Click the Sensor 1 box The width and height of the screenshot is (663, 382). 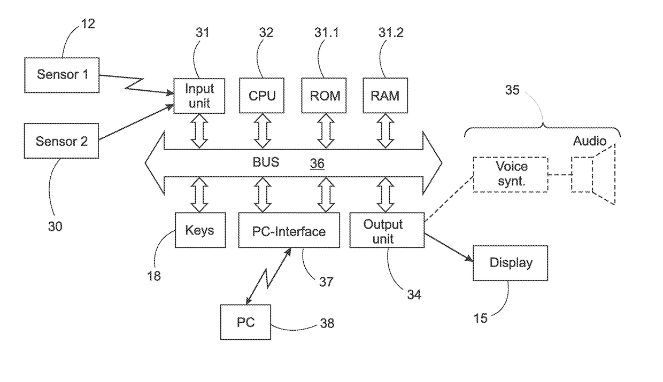click(62, 75)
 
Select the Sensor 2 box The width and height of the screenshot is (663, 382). click(61, 141)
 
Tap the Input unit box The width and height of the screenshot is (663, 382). click(199, 96)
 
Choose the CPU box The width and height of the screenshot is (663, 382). click(261, 96)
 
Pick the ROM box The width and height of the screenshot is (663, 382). click(324, 96)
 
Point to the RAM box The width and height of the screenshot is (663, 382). click(386, 96)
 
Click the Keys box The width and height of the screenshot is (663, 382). click(201, 230)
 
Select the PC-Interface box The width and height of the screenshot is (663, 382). click(289, 230)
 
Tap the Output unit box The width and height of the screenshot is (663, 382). click(387, 230)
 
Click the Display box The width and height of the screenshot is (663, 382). click(510, 263)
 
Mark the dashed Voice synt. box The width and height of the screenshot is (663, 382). click(511, 175)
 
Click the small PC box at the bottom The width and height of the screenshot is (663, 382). click(245, 322)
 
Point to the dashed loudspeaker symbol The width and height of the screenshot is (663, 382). click(593, 175)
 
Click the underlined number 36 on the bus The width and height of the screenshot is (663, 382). click(317, 163)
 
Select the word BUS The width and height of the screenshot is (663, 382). click(266, 162)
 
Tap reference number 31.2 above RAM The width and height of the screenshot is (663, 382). click(391, 32)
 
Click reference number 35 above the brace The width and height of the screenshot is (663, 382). click(512, 90)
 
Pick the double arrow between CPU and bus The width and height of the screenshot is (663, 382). click(263, 131)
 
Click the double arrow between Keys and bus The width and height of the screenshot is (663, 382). click(199, 195)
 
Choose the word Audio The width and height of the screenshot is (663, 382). click(590, 141)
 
